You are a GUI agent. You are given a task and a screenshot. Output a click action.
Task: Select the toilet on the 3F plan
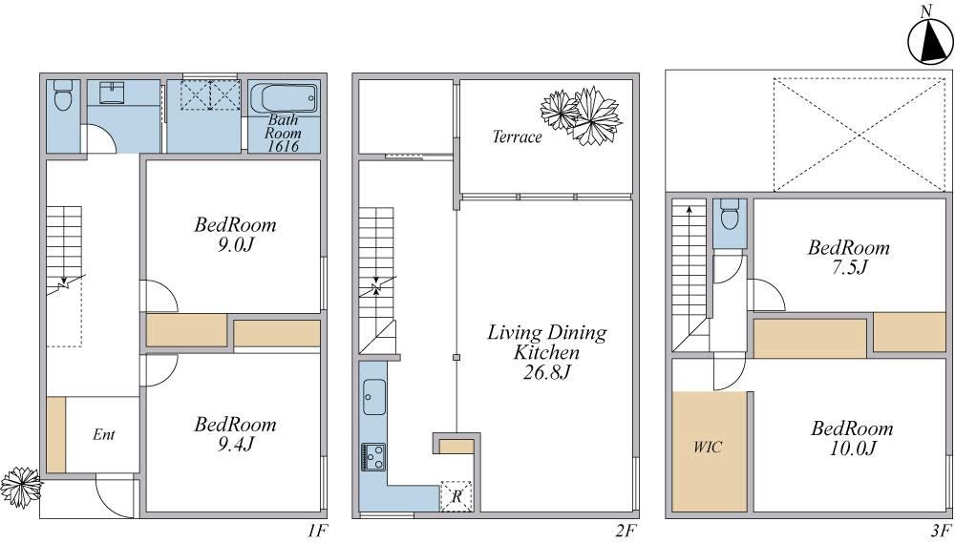[731, 216]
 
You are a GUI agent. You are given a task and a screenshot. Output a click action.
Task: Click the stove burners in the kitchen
[371, 457]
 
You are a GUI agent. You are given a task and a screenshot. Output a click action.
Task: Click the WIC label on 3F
[708, 447]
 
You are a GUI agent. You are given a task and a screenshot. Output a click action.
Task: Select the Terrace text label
[517, 137]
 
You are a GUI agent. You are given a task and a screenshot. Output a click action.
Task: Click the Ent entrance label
[104, 435]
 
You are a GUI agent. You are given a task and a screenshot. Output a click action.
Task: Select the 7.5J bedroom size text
[848, 268]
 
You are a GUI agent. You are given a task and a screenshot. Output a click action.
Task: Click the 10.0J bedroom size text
[852, 449]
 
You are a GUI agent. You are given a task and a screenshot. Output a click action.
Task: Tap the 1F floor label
[319, 531]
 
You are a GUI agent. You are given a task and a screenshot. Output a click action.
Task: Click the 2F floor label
[626, 531]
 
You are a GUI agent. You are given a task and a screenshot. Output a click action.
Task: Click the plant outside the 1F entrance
[19, 487]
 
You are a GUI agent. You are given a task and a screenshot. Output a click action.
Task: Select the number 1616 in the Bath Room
[283, 147]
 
